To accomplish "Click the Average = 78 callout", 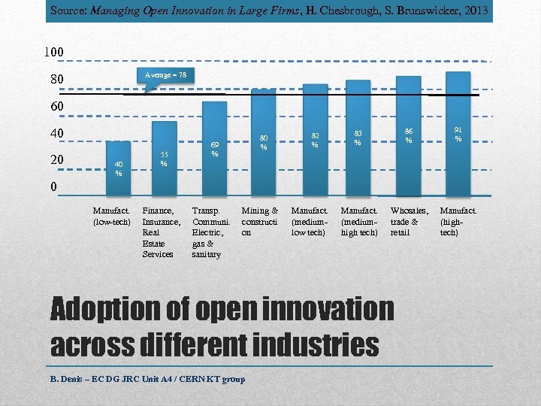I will coord(165,75).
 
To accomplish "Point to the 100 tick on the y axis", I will coord(53,52).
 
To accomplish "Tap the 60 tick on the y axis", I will coord(57,107).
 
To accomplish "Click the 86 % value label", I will coord(408,135).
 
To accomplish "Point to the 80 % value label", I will coord(264,142).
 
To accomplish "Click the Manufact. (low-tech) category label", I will coord(111,217).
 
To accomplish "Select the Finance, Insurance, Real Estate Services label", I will coord(161,233).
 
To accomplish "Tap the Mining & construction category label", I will coord(259,222).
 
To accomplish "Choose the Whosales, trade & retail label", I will coord(409,222).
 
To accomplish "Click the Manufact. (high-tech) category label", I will coord(458,222).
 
